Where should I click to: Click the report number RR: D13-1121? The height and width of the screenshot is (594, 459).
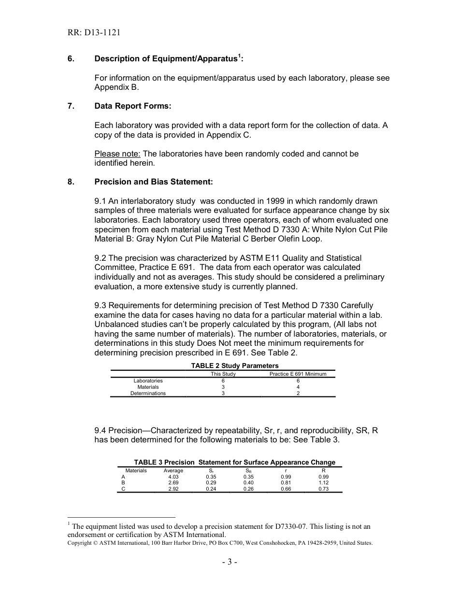click(94, 33)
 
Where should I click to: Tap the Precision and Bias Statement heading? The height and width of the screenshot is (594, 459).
click(153, 182)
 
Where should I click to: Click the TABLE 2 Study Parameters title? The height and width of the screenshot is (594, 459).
click(235, 366)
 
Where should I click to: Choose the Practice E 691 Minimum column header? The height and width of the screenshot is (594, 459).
click(298, 374)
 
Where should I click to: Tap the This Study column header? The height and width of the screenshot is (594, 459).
click(223, 374)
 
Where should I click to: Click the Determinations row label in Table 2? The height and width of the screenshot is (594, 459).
click(148, 393)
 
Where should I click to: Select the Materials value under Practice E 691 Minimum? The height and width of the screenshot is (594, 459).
click(298, 387)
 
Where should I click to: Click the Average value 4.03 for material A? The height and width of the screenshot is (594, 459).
click(173, 477)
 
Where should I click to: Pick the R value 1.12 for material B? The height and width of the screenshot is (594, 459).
click(323, 482)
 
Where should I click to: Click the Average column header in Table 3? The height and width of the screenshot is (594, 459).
click(173, 470)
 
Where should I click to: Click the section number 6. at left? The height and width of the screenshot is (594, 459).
click(71, 59)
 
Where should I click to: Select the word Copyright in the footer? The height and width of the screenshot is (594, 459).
click(79, 543)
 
